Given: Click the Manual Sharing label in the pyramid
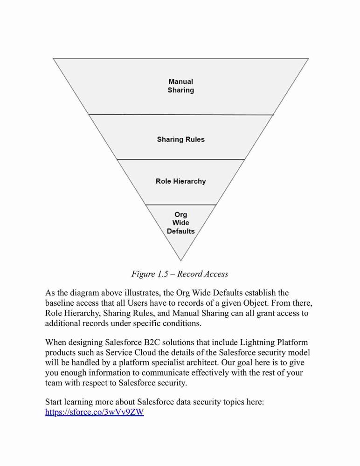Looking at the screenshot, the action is point(180,86).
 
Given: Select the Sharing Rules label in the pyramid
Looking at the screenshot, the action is point(181,139).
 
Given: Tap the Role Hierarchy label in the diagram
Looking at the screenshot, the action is point(181,181).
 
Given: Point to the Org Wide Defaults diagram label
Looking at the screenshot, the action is point(180,223).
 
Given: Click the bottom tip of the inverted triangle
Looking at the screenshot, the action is point(180,261).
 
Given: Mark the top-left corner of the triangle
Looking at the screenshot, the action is point(53,59).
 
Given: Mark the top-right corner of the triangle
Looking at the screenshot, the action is point(309,59).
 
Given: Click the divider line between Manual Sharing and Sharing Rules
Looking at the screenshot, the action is point(181,115).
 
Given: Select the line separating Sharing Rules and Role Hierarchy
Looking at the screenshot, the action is point(181,159).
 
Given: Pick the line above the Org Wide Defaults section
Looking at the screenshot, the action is point(181,205).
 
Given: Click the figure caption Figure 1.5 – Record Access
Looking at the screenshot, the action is point(180,274).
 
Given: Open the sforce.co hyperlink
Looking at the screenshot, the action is point(95,412).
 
